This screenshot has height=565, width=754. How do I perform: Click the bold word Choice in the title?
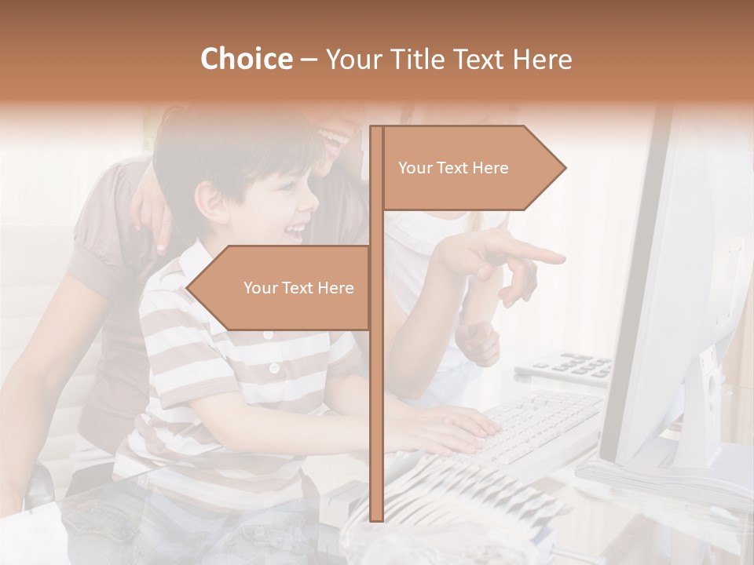click(246, 59)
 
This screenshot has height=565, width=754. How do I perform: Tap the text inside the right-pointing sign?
click(453, 168)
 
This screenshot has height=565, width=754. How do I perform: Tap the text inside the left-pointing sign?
click(298, 288)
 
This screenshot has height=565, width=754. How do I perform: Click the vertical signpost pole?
click(376, 392)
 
